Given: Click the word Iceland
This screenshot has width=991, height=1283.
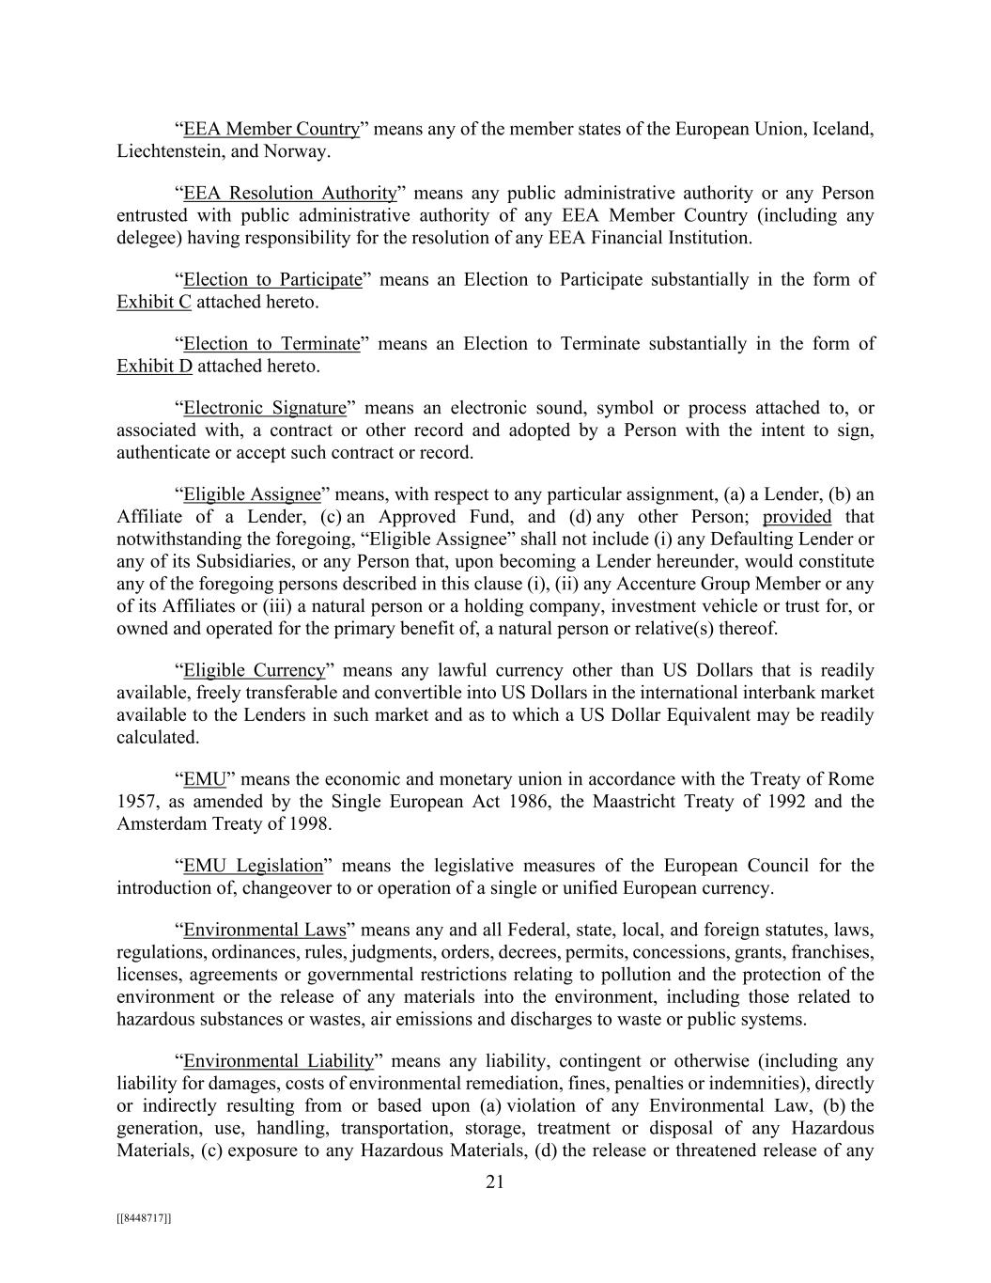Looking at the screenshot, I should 843,129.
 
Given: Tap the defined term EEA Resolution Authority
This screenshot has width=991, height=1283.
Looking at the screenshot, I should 290,194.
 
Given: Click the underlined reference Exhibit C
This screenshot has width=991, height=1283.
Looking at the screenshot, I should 154,302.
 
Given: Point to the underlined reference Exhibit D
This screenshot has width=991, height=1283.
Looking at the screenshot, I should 154,366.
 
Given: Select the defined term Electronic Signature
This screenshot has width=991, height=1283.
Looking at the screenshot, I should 265,408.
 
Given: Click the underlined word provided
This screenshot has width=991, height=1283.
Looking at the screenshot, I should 797,516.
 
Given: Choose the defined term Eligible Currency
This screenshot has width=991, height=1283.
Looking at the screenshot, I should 254,670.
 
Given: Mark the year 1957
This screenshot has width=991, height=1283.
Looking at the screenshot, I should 136,802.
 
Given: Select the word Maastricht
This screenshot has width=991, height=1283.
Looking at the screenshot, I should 636,802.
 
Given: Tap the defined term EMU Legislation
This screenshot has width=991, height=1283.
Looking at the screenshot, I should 253,866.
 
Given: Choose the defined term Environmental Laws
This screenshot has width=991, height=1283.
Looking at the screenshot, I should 265,931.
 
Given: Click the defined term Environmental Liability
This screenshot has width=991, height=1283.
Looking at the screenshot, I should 279,1061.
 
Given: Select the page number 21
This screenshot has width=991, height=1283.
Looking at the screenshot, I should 495,1182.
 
